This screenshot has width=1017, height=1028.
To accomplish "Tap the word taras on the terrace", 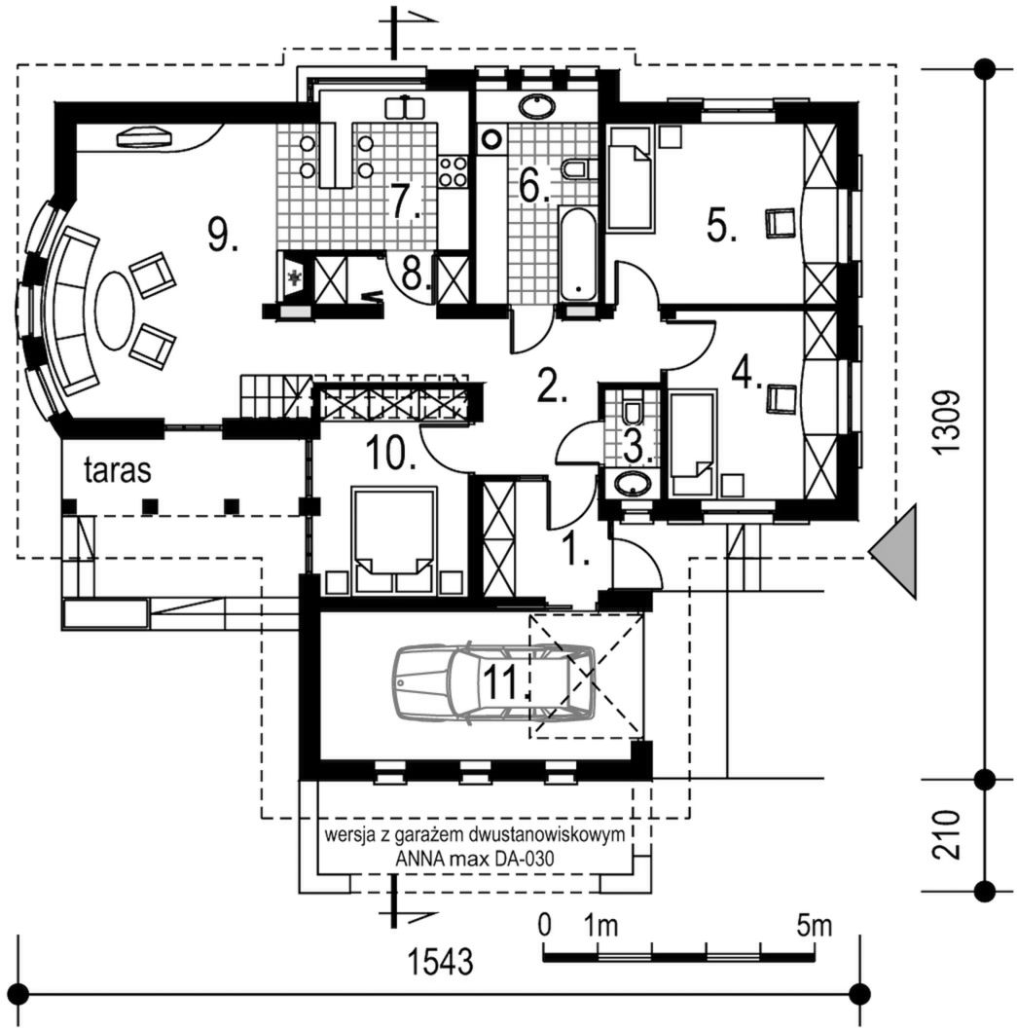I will [118, 471].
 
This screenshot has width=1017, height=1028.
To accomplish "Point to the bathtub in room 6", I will [580, 255].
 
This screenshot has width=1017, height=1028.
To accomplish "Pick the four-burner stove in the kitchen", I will [454, 172].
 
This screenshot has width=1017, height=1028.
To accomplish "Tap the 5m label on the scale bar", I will [814, 925].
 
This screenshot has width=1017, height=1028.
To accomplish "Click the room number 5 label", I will [721, 228].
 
